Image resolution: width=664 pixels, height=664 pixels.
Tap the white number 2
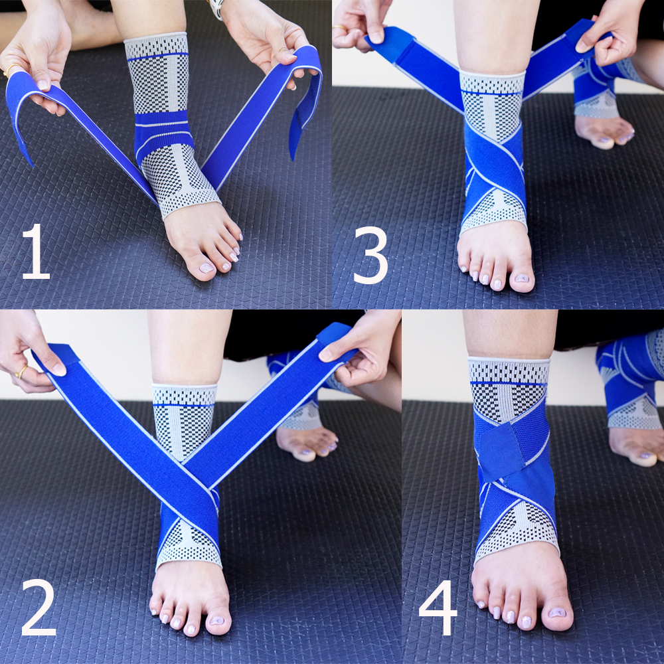39,608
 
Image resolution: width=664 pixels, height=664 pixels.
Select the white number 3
371,256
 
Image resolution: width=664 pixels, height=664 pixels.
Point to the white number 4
438,608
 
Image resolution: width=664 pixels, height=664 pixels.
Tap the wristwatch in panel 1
216,9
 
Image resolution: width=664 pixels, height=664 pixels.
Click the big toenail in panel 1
207,268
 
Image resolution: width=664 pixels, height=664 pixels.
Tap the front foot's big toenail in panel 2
217,620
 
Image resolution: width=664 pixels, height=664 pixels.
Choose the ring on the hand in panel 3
339,28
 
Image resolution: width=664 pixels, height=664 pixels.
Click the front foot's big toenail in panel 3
522,278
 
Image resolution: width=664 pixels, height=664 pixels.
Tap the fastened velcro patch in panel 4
503,452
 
